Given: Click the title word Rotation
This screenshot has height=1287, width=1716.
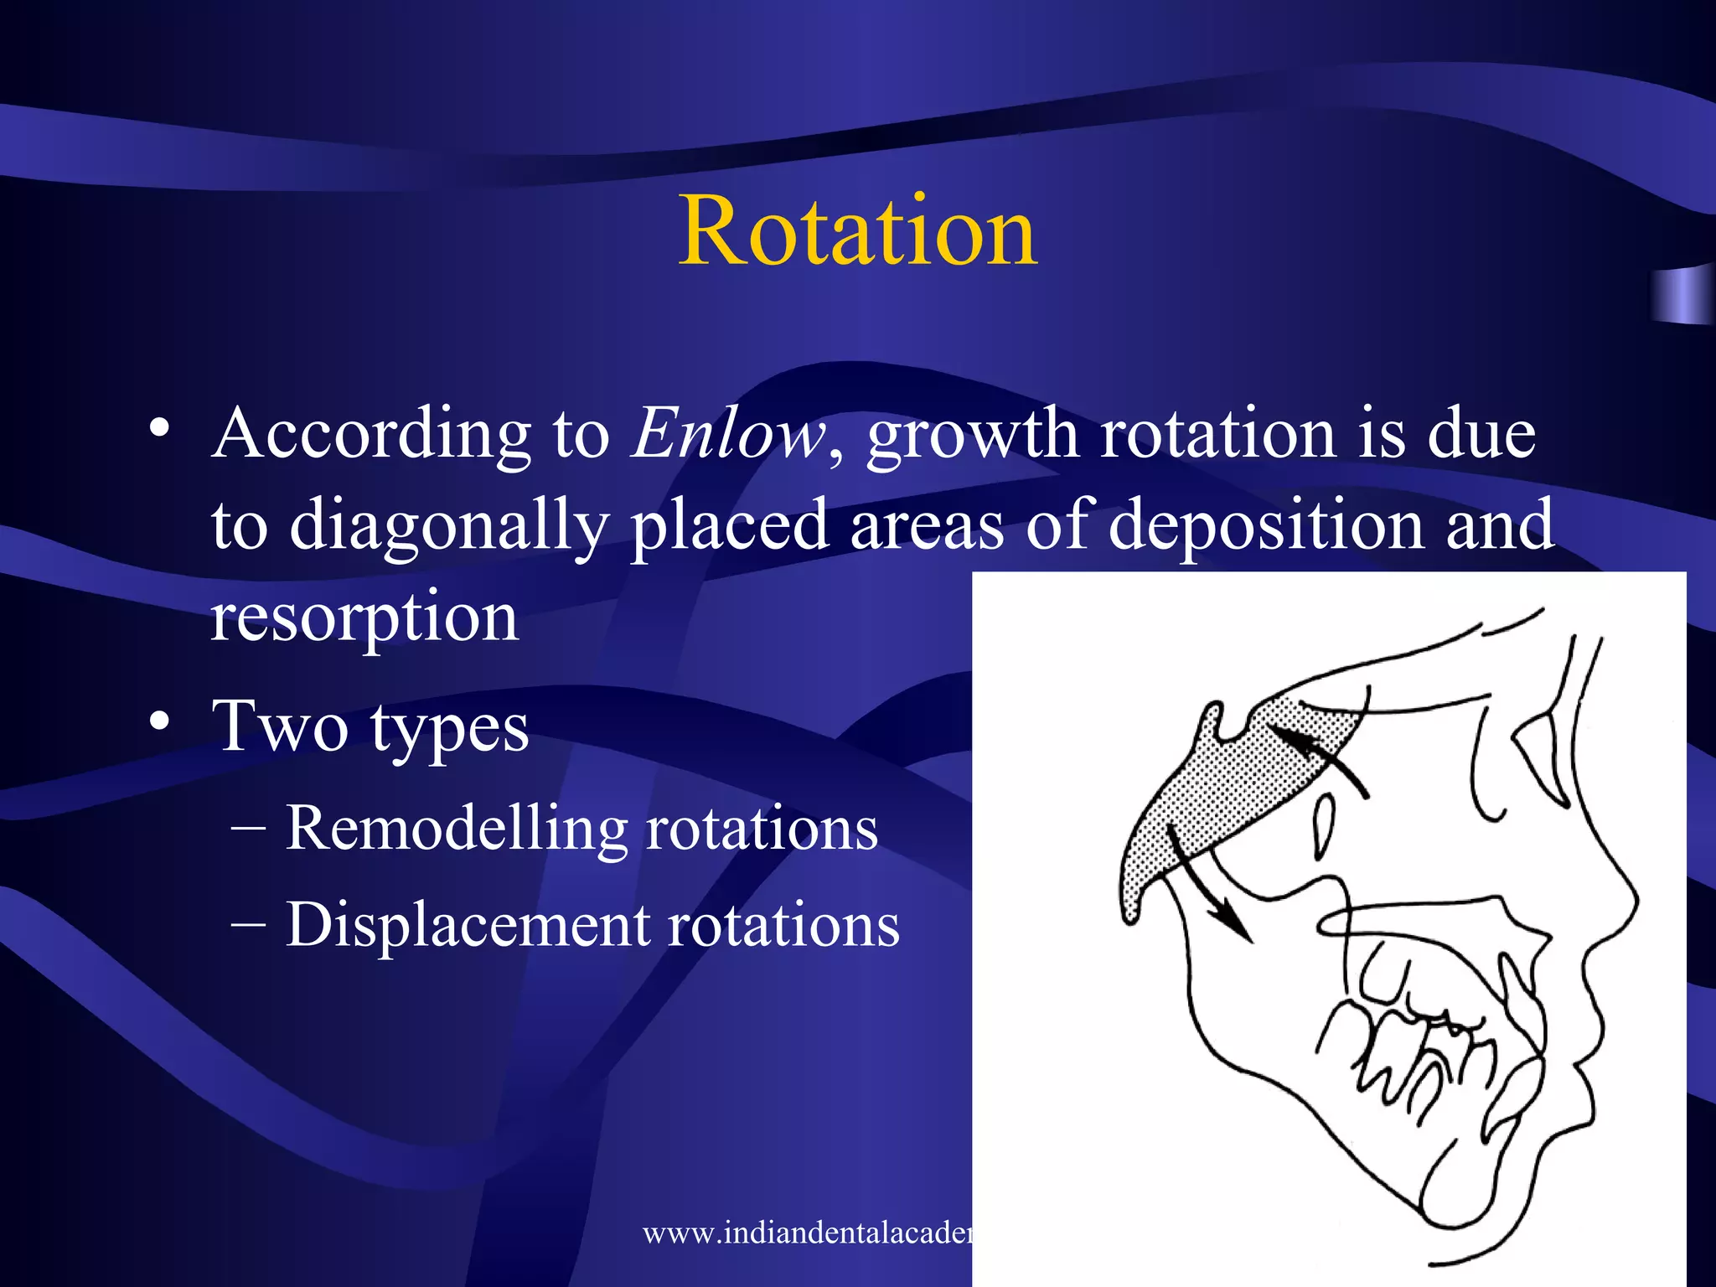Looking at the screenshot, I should pos(858,231).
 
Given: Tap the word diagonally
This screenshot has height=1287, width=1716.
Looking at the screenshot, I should pos(449,526).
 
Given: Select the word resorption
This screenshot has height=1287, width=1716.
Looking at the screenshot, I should pos(364,618).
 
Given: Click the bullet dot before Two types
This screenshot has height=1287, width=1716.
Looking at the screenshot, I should pos(161,721).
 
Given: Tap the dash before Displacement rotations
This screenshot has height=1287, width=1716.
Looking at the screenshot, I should pos(248,925).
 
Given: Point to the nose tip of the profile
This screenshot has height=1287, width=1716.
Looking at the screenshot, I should pos(1634,901).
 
